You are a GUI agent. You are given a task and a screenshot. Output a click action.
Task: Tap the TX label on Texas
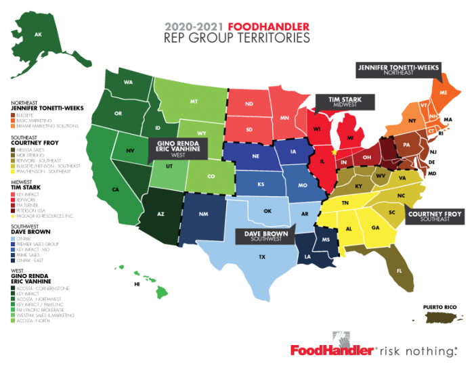point(261,257)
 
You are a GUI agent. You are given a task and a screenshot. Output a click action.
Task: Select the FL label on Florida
point(399,271)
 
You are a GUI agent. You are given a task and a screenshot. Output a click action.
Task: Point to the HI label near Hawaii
point(137,285)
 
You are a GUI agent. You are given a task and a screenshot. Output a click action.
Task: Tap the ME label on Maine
point(444,91)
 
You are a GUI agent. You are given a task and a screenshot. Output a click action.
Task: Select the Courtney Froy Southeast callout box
point(433,216)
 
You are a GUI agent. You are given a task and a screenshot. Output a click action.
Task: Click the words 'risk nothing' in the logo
point(418,350)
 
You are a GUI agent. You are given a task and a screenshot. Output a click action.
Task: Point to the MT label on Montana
point(194,101)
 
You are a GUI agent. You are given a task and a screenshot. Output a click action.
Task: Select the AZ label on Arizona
point(161,214)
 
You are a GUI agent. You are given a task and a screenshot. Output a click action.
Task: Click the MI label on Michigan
point(351,139)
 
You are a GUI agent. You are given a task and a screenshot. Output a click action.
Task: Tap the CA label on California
point(116,189)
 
